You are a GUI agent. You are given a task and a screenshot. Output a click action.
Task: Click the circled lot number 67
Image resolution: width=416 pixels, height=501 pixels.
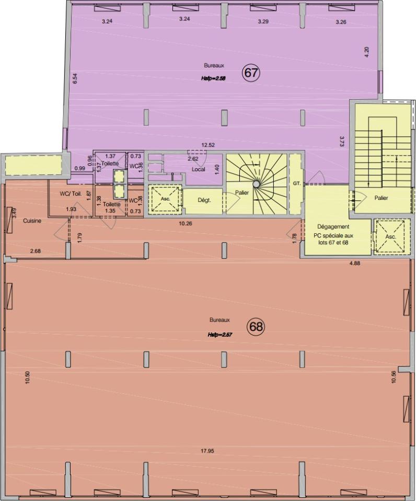pos(251,73)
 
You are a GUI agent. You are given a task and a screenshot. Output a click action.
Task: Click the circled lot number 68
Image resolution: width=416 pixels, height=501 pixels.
pos(256,327)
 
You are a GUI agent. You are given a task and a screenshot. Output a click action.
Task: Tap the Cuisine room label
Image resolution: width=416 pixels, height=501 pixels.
pos(32,221)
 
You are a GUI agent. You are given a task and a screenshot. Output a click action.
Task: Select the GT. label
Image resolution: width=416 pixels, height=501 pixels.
pos(297,183)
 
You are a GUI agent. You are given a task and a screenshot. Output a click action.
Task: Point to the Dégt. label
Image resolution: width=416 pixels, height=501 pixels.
pos(204,200)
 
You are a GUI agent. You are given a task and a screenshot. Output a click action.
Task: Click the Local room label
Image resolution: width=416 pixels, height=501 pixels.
pos(199,169)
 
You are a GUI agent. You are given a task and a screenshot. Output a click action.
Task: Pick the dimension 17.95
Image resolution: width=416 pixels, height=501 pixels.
pos(207,451)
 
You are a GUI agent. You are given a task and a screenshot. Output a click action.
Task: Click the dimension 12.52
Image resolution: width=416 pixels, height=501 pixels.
pos(207,145)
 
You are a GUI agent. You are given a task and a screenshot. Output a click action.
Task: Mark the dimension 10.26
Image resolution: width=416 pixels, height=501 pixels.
pos(186,223)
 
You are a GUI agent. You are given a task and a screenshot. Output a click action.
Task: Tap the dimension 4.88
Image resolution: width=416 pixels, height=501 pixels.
pos(355,263)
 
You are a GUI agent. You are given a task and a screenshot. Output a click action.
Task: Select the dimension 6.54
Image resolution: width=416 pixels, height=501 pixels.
pos(75,79)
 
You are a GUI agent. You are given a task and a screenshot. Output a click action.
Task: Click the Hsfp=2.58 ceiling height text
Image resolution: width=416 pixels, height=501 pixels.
pos(213,78)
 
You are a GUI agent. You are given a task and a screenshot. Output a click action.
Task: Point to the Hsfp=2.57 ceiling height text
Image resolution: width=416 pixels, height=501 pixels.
pos(219,335)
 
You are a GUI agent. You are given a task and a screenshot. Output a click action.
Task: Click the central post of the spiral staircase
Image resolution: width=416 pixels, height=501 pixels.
pos(256,184)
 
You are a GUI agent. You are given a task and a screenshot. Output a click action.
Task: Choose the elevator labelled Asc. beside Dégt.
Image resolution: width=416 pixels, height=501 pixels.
pos(165,199)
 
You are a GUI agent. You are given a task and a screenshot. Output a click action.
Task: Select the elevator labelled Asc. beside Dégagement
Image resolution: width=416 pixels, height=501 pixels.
pos(391,237)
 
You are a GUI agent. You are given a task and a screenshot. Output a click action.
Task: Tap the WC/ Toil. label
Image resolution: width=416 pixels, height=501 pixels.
pos(71,194)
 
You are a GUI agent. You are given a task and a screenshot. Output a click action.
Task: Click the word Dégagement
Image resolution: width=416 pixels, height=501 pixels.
pos(333,226)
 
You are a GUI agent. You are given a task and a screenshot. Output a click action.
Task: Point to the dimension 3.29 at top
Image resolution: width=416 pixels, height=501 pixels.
pos(263,22)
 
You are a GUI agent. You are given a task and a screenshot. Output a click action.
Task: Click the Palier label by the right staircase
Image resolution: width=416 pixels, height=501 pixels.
pos(381,198)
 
